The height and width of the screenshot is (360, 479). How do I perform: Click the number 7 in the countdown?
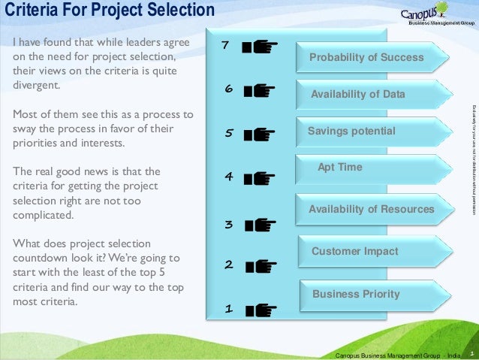224,47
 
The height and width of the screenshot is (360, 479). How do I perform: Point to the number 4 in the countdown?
228,177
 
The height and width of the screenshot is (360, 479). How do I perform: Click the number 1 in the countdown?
229,309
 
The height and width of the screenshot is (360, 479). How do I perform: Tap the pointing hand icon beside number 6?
260,91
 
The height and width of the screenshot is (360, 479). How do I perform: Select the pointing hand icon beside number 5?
260,135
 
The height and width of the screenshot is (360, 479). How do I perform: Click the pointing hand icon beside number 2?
260,265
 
